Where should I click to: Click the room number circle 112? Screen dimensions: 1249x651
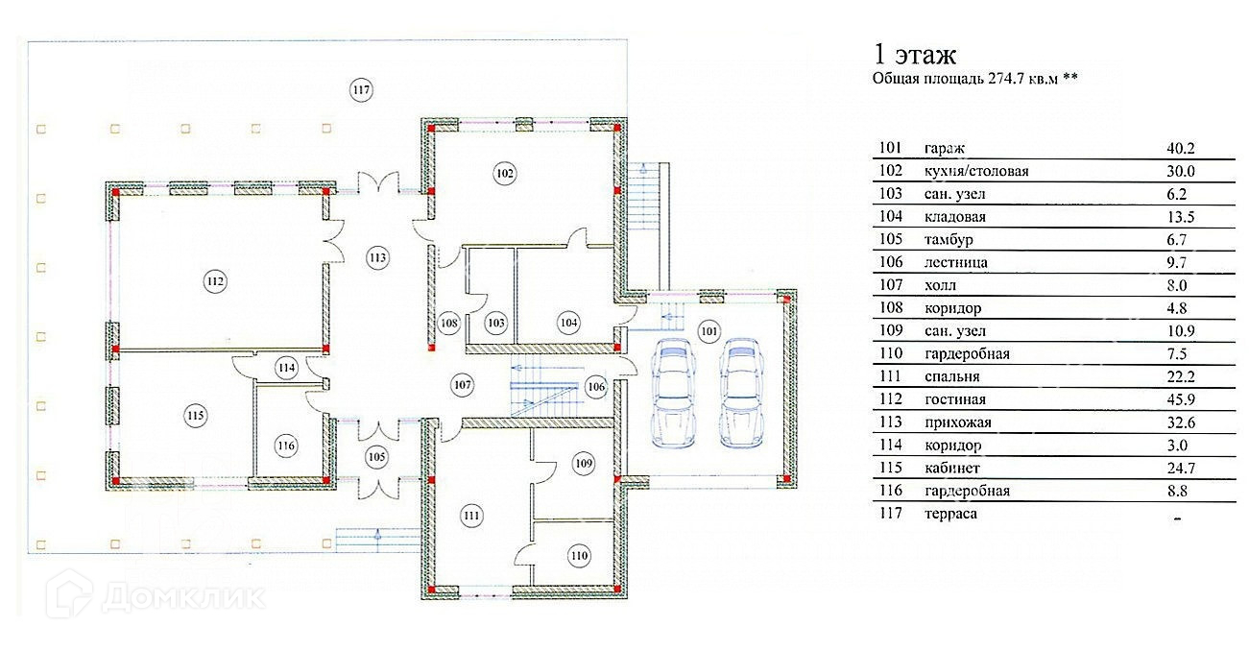click(x=215, y=281)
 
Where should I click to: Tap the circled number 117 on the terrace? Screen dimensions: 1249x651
click(x=361, y=90)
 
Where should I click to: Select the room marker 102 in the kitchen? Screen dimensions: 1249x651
click(x=505, y=174)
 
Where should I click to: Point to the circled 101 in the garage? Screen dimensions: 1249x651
click(x=709, y=332)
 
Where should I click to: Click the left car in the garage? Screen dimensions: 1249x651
click(x=674, y=393)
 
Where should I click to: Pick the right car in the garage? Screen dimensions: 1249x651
click(x=741, y=393)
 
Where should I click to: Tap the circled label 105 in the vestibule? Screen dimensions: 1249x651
click(x=377, y=457)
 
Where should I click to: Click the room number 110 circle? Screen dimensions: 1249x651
click(x=579, y=556)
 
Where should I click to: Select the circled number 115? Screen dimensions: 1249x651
click(x=195, y=416)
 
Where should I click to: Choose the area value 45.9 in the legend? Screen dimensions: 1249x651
click(x=1181, y=399)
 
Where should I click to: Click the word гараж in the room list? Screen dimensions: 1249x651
click(x=944, y=149)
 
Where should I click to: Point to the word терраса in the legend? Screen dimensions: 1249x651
click(x=950, y=515)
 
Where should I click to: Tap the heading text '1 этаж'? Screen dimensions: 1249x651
click(x=915, y=55)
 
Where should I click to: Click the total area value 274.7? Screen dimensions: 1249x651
click(x=1006, y=79)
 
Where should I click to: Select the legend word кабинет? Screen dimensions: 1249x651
click(x=951, y=468)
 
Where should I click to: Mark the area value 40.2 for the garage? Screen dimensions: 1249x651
click(x=1181, y=149)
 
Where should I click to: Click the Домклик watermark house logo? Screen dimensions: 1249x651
click(x=69, y=594)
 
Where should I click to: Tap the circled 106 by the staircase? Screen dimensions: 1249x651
click(x=596, y=387)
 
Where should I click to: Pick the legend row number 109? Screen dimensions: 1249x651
click(x=891, y=331)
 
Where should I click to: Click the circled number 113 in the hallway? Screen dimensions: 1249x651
click(x=377, y=257)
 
